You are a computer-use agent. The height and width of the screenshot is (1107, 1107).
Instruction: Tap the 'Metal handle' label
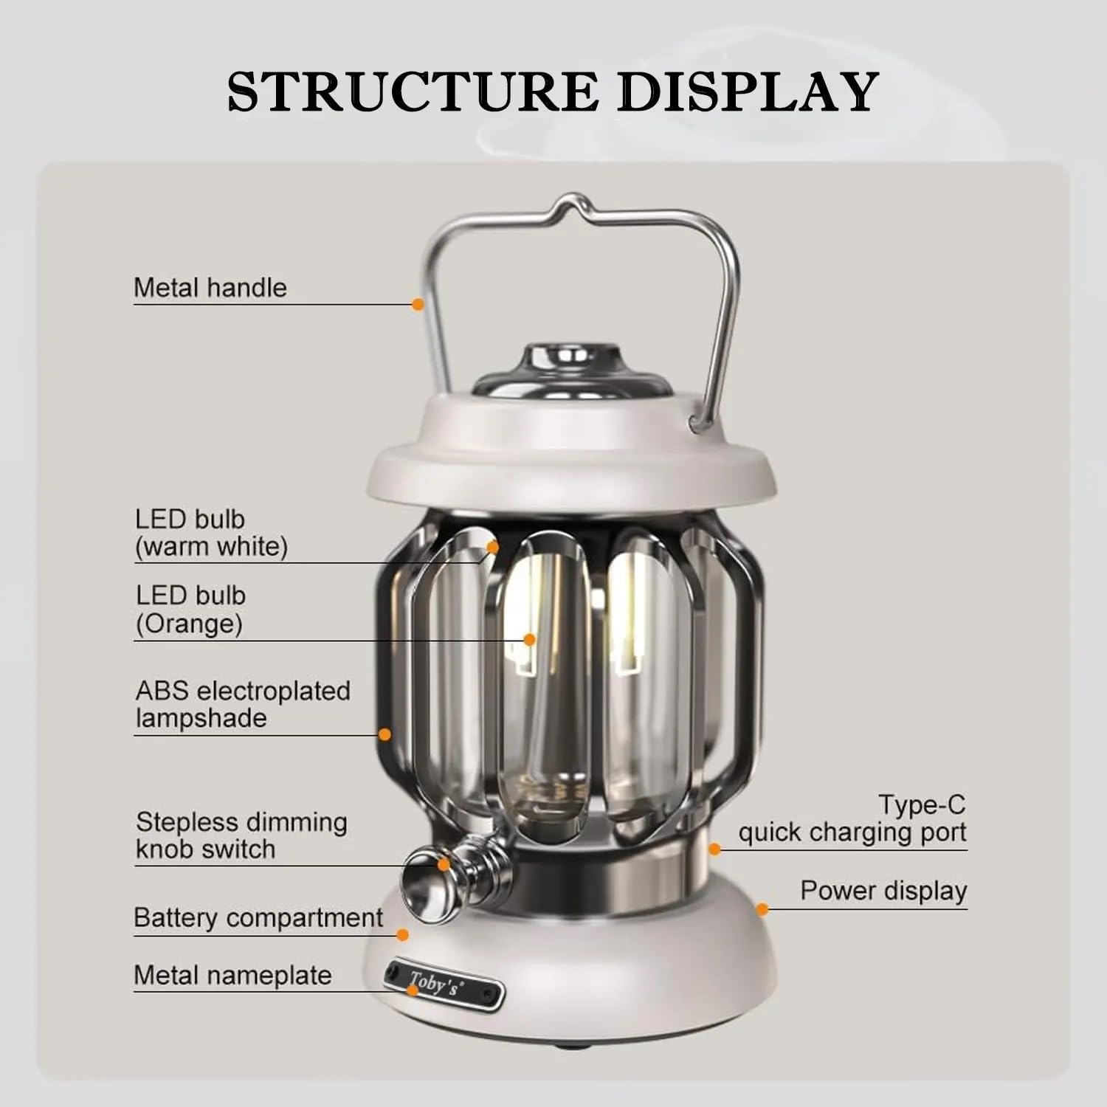(210, 288)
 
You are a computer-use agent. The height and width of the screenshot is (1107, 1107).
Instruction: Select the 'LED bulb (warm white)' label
(211, 533)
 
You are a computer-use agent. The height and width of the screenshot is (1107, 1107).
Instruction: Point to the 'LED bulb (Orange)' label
(190, 610)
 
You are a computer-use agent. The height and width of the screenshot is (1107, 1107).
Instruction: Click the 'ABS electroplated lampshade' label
(243, 704)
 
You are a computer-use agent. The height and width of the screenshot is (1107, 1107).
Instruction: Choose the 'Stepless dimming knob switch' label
(241, 835)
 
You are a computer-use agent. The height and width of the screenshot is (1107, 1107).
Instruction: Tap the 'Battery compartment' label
(258, 918)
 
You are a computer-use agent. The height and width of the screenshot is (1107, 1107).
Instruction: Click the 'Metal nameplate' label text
(232, 976)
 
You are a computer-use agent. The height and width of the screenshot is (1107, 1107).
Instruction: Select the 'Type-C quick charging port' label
(852, 818)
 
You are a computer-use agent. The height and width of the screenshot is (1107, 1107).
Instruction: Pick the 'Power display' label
(883, 891)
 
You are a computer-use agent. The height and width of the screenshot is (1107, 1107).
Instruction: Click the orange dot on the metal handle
(418, 303)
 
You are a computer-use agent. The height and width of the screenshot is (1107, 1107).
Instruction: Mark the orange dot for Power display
(762, 909)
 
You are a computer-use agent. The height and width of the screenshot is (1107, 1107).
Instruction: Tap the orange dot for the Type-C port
(714, 849)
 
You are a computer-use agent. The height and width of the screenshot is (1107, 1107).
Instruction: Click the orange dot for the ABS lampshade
(384, 734)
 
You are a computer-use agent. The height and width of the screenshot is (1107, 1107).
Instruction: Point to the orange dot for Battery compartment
(402, 935)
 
